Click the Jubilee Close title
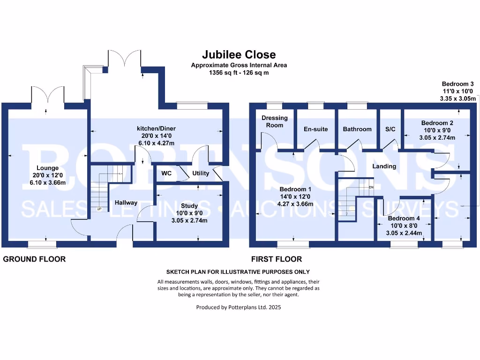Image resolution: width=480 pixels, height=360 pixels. (239, 55)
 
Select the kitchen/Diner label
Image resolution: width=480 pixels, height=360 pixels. (155, 128)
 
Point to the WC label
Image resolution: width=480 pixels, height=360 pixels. (167, 173)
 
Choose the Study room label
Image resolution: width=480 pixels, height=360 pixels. (189, 206)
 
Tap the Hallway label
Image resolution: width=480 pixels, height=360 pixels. (126, 202)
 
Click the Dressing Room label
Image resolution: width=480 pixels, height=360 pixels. (274, 121)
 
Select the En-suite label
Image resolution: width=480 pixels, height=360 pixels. (315, 129)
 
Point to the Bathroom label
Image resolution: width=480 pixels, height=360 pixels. (357, 129)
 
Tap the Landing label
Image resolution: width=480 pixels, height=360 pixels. (384, 166)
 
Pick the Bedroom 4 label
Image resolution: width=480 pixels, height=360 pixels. (404, 218)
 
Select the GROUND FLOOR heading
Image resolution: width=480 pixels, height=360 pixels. (34, 259)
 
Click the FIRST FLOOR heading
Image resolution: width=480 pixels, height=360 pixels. (277, 259)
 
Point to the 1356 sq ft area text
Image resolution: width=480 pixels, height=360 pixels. (239, 73)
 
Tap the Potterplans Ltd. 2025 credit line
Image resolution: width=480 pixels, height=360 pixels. (239, 307)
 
